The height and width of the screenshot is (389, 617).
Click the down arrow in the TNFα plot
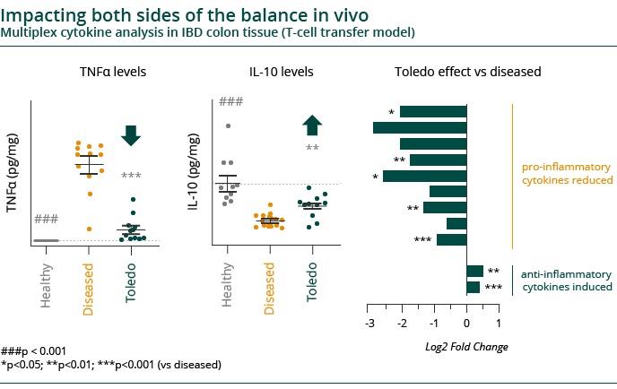coord(131,135)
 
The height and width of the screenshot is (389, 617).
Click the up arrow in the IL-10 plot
coord(312,125)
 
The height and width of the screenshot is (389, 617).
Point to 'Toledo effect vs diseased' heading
coord(468,72)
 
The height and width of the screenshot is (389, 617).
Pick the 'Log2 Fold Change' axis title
coord(465,347)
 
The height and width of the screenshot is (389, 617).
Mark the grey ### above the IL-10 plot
coord(231,104)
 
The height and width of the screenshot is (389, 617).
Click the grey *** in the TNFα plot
coord(131,176)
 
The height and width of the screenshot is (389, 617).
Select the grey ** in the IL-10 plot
coord(312,149)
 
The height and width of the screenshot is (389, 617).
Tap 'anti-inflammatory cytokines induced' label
coord(567,281)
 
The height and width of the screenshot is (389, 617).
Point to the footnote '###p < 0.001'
coord(34,351)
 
